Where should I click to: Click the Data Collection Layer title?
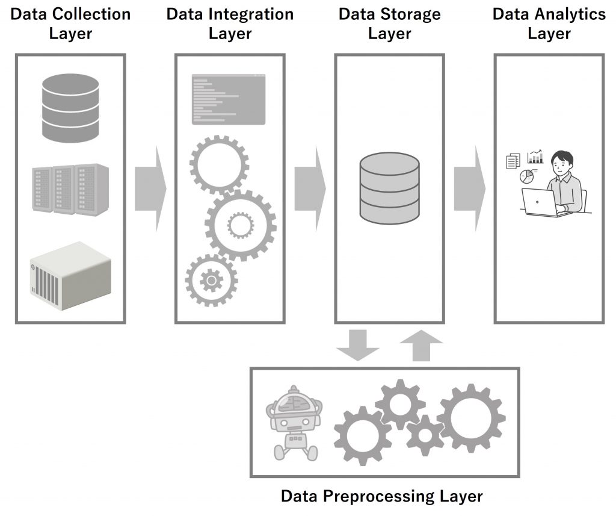tap(70, 23)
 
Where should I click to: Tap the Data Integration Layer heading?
tap(230, 23)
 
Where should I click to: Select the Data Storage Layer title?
tap(389, 23)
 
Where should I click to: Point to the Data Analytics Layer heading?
tap(549, 23)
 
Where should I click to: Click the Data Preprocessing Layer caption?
tap(382, 497)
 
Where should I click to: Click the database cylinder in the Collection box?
tap(70, 107)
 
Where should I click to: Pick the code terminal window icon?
tap(229, 99)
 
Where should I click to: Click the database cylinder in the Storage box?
tap(389, 187)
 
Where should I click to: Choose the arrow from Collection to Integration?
tap(150, 188)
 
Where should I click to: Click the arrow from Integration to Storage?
tap(310, 188)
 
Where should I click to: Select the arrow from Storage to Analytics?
tap(469, 188)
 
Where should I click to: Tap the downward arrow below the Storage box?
tap(358, 345)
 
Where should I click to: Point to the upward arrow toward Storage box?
tap(421, 345)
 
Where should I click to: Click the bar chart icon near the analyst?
tap(535, 157)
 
